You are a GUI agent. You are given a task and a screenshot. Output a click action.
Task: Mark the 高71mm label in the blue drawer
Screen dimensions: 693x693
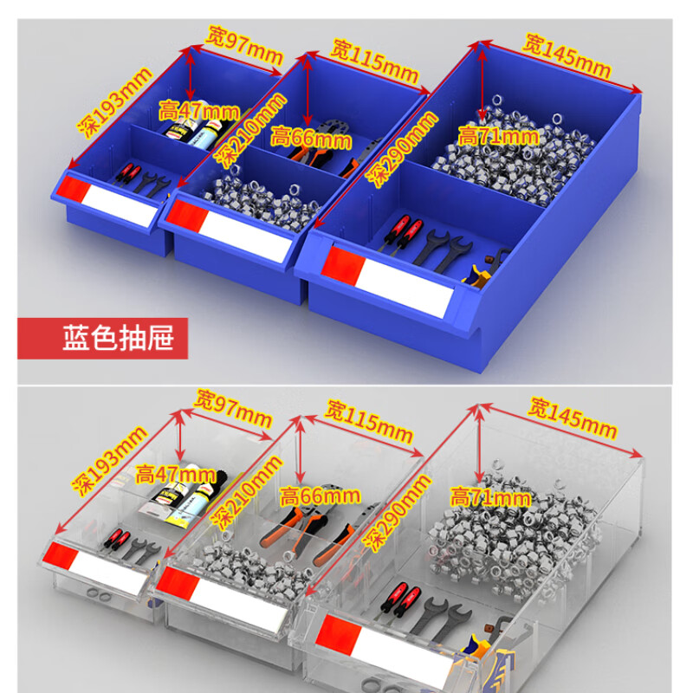pyautogui.click(x=498, y=135)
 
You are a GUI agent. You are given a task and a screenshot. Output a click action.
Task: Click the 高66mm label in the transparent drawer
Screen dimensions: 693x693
pyautogui.click(x=321, y=495)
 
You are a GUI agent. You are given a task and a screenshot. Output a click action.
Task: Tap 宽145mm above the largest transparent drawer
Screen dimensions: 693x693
pyautogui.click(x=573, y=418)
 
